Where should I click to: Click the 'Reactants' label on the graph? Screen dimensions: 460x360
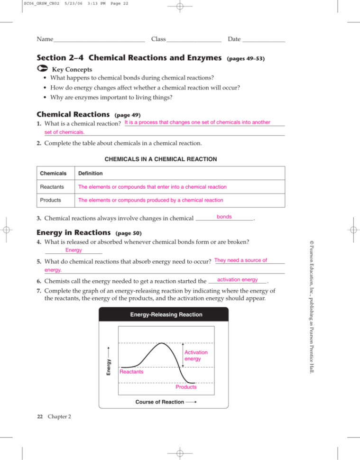[132, 372]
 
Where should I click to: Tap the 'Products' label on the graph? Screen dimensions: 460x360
[186, 387]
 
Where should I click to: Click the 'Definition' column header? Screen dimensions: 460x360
[90, 174]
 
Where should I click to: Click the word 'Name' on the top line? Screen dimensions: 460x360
[45, 38]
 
